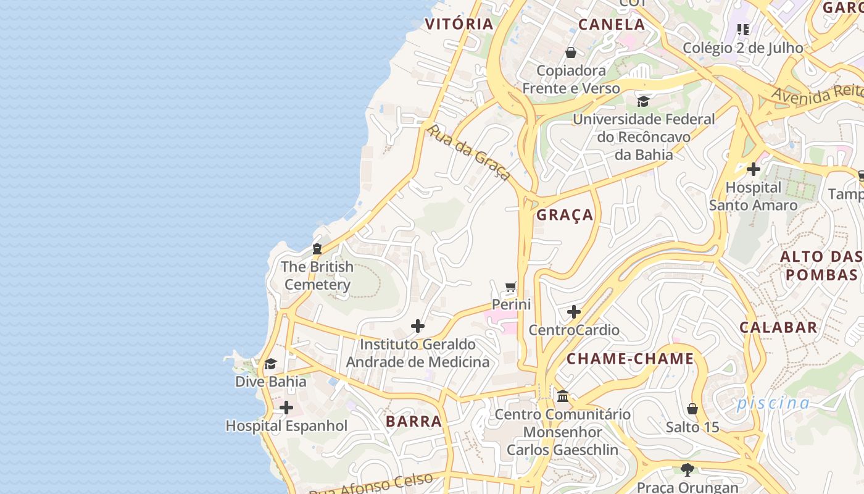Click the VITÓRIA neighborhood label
pos(460,24)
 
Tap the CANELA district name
pos(612,25)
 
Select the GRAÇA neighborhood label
pos(565,215)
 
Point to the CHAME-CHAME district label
pos(630,359)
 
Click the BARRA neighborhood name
pos(414,421)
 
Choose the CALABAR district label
pos(778,327)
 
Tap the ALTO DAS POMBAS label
pos(821,266)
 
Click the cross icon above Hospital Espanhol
pos(286,408)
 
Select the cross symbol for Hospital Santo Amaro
pos(753,169)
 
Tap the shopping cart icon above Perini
pos(510,287)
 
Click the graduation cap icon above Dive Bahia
pos(270,364)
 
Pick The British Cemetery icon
pos(317,249)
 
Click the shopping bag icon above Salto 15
pos(692,409)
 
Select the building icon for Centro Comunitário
pos(562,396)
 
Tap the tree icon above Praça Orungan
pos(687,469)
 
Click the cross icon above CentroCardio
pos(574,312)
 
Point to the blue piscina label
pos(773,403)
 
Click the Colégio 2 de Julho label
pos(743,48)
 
